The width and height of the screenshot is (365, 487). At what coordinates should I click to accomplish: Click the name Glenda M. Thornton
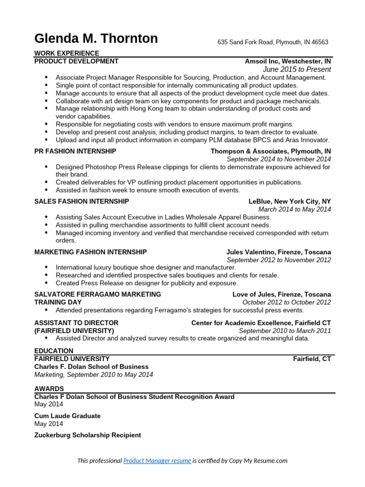(96, 39)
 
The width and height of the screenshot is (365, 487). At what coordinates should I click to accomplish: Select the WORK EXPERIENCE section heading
(67, 53)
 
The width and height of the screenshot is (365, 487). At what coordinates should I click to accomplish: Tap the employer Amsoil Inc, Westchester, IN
(288, 61)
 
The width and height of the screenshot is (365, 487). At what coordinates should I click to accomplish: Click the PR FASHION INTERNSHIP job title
(75, 151)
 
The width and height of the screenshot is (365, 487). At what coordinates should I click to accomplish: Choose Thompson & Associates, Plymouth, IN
(271, 151)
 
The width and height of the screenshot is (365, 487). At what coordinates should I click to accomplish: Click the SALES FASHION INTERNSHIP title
(82, 201)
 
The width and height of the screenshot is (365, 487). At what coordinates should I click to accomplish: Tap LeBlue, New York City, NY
(289, 201)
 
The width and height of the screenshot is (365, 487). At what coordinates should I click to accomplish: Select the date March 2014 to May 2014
(295, 209)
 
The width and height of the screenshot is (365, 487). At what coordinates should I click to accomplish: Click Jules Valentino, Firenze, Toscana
(279, 252)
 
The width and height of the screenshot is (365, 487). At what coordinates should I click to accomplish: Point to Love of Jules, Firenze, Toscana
(281, 294)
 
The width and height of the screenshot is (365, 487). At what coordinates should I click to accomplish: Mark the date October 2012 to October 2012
(287, 302)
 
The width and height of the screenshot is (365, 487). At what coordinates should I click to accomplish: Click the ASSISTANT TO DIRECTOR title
(76, 323)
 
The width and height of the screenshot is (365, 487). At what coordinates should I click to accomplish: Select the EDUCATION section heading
(54, 351)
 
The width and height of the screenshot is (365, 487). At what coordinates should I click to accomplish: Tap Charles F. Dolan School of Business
(91, 367)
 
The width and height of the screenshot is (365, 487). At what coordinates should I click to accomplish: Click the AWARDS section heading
(49, 389)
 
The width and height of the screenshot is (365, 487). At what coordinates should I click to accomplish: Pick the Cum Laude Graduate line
(67, 416)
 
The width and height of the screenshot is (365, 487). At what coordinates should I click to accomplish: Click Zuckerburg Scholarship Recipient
(87, 435)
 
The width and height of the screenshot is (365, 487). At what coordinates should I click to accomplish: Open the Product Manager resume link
(157, 461)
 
